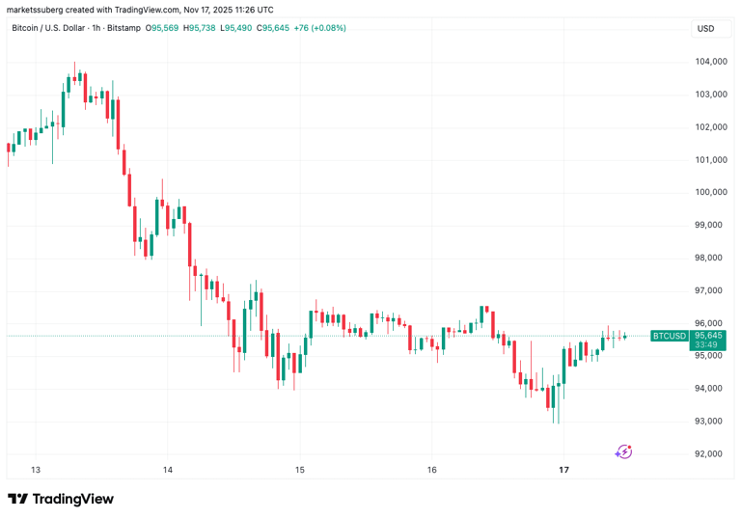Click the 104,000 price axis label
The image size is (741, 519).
coord(710,61)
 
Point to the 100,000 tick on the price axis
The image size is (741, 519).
coord(710,192)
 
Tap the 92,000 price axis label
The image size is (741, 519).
coord(712,453)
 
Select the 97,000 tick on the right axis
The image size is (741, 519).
coord(712,290)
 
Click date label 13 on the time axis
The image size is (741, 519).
coord(36,470)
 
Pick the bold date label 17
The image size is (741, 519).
coord(564,470)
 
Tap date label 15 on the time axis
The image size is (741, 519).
coord(299,470)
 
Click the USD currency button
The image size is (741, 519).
coord(706,28)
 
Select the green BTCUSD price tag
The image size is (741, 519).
coord(670,336)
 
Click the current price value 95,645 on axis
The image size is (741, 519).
coord(712,334)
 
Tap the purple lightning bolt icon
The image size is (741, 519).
coord(624,451)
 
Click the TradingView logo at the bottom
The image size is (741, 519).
coord(61,499)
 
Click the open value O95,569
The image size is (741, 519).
coord(163,28)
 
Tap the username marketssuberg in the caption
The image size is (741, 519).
coord(37,9)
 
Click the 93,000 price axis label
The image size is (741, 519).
coord(712,421)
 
